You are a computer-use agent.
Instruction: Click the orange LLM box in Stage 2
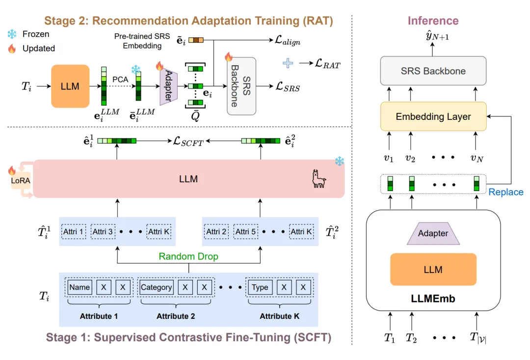tap(70, 86)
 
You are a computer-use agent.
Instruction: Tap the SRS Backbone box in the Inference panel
tap(433, 71)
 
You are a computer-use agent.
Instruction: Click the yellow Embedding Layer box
tap(433, 116)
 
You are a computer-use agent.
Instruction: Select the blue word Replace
tap(506, 192)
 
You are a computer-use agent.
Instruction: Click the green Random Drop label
tap(188, 257)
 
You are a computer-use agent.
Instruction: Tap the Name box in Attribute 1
tap(79, 287)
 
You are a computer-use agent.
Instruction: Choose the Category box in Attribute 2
tap(156, 287)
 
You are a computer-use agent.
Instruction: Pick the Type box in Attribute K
tap(260, 287)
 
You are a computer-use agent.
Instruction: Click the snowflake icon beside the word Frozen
tap(11, 34)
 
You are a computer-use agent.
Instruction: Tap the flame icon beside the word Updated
tap(11, 49)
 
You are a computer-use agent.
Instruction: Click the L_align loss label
tap(287, 42)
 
